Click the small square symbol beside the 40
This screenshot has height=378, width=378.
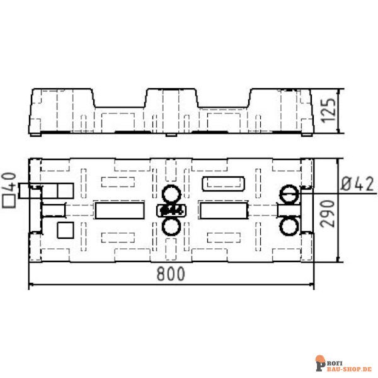tap(9, 201)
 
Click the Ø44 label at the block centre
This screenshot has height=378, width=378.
tap(171, 210)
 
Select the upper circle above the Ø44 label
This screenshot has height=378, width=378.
tap(171, 193)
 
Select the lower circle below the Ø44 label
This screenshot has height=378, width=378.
tap(171, 226)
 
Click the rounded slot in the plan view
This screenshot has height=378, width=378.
tap(224, 183)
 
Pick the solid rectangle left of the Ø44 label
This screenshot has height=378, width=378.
tap(119, 210)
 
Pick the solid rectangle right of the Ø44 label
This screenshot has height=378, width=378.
tap(223, 210)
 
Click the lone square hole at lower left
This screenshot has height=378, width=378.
tap(65, 230)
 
